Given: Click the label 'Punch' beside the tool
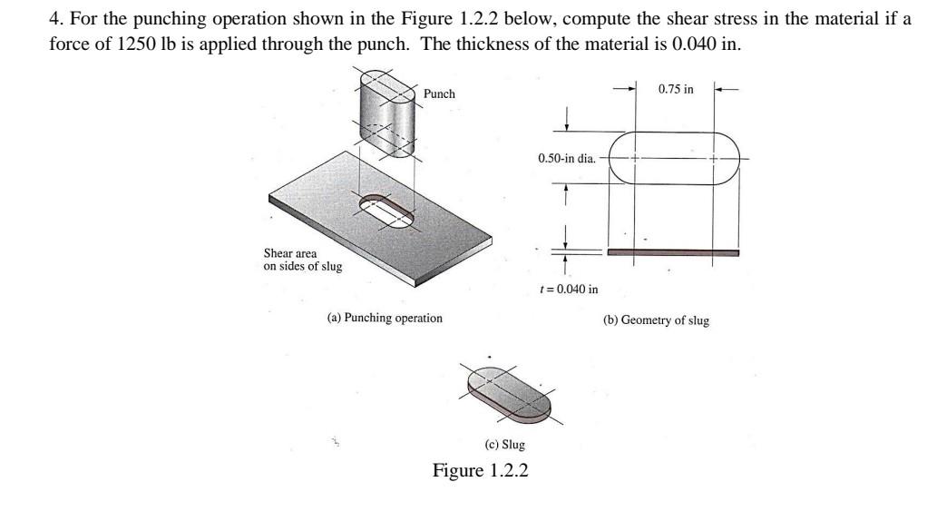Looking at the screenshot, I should click(x=439, y=94).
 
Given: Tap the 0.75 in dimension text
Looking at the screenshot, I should click(x=676, y=89).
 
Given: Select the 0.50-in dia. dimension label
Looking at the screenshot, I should click(x=566, y=158).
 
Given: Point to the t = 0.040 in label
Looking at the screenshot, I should click(x=568, y=290).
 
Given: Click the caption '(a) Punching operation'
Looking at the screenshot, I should click(x=385, y=318).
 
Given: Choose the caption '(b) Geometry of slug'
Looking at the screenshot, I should click(x=656, y=320).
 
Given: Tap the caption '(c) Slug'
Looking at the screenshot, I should click(x=505, y=445).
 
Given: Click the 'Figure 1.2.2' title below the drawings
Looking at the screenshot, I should click(x=480, y=470).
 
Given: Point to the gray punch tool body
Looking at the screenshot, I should click(x=387, y=113).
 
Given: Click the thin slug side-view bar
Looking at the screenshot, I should click(x=672, y=252).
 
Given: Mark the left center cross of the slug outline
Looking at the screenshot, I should click(x=634, y=158).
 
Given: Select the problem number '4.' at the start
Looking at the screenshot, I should click(x=54, y=19).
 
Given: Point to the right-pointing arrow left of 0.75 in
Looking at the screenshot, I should click(x=623, y=90).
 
